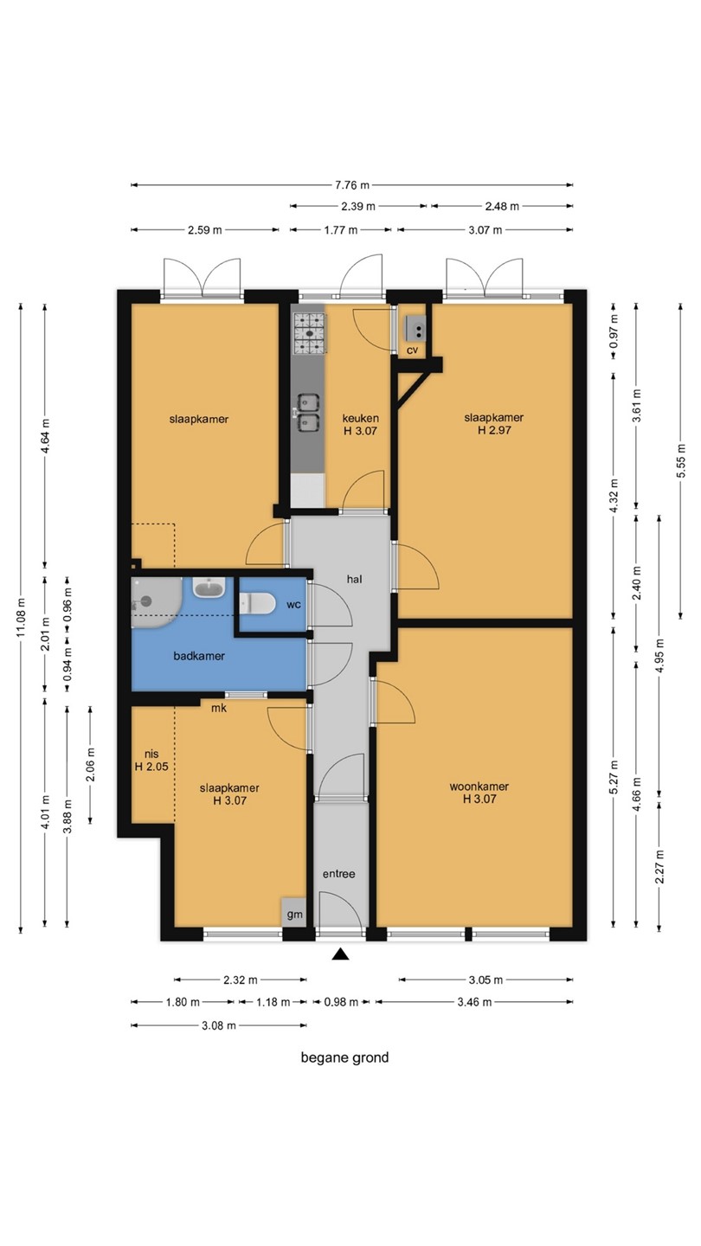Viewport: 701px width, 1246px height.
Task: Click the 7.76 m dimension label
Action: (x=352, y=184)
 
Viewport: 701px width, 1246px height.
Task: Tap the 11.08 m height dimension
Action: (x=21, y=618)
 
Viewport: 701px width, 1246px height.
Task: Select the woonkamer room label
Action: (x=479, y=787)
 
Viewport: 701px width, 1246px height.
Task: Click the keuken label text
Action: (x=361, y=418)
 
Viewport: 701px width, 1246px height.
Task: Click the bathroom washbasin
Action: (x=209, y=588)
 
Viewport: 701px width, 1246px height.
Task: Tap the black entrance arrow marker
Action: (x=340, y=954)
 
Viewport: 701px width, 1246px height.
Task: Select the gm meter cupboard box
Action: (x=294, y=913)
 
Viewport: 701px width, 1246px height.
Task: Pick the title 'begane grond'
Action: (x=345, y=1057)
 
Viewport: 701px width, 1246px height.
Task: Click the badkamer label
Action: (x=199, y=656)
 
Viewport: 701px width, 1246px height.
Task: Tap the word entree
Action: (x=339, y=874)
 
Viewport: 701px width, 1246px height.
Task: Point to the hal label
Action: (x=355, y=579)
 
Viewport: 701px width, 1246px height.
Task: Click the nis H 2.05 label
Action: (x=151, y=761)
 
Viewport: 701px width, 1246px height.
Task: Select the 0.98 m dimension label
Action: (x=341, y=1002)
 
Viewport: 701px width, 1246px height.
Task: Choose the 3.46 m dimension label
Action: (x=474, y=1002)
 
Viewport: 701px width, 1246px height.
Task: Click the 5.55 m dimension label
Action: (x=680, y=460)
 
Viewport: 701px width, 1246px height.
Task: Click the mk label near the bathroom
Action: (x=219, y=708)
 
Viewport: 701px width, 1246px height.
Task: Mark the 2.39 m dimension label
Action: (x=358, y=206)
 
